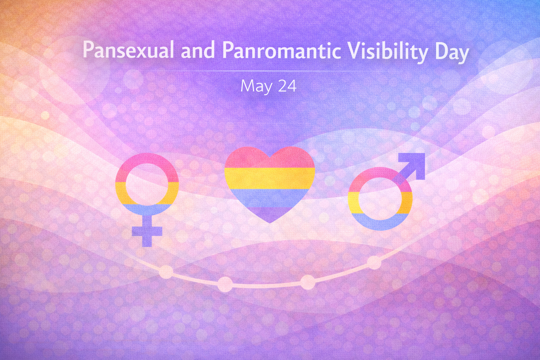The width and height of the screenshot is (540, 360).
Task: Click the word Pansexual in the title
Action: click(x=128, y=50)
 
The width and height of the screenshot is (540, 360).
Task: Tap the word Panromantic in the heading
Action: click(x=281, y=50)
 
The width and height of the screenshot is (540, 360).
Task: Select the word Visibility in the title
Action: click(x=388, y=51)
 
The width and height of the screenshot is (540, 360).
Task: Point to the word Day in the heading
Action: click(x=452, y=52)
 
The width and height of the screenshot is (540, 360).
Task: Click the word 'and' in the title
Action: click(x=198, y=50)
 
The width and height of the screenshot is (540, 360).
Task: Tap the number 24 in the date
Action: click(x=287, y=86)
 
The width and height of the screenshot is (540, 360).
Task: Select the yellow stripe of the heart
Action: click(x=270, y=179)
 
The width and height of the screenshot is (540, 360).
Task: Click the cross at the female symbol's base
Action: click(x=147, y=232)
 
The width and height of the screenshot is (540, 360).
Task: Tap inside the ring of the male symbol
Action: click(x=380, y=199)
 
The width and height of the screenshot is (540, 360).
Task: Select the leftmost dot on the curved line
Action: click(x=166, y=272)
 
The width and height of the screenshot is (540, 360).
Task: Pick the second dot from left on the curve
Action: click(x=225, y=284)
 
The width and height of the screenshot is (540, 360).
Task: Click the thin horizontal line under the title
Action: click(x=270, y=71)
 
